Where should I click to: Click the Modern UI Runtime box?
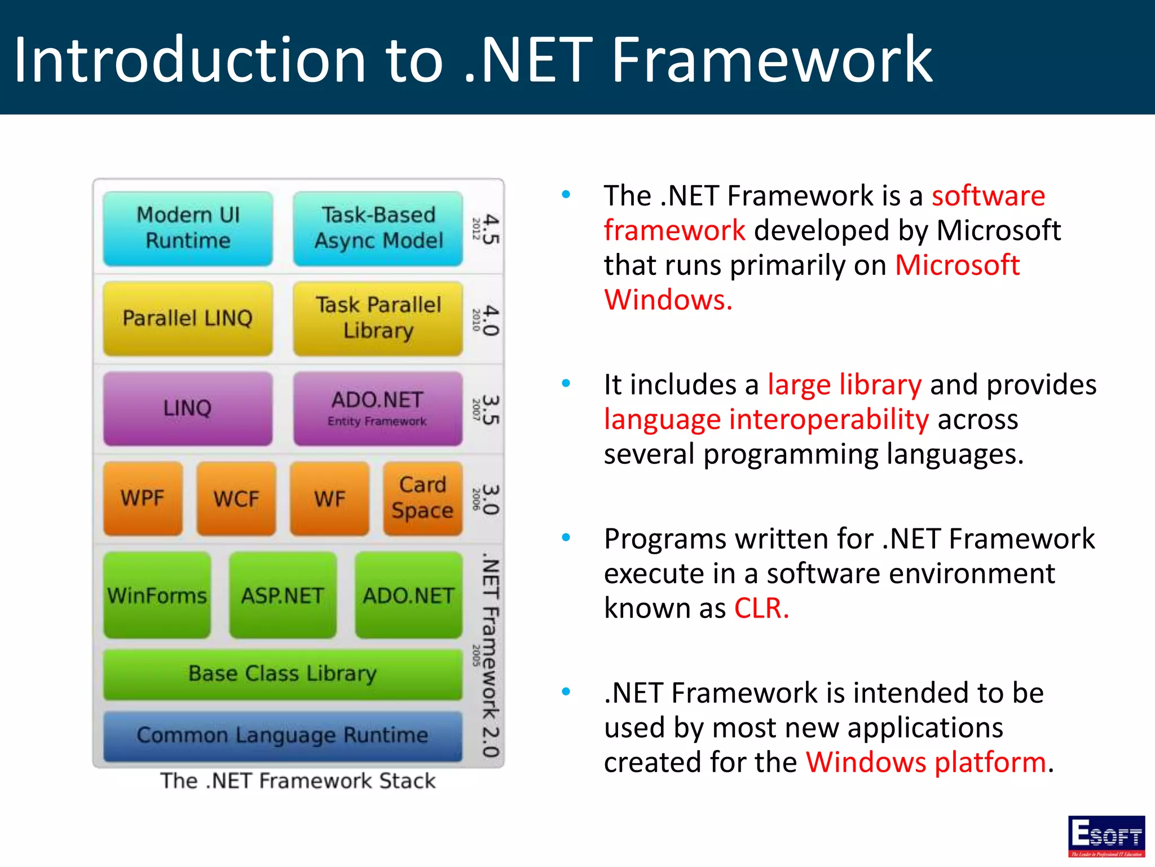click(x=188, y=229)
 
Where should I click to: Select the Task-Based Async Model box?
click(x=378, y=229)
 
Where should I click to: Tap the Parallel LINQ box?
click(x=188, y=318)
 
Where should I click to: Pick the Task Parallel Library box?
click(x=378, y=318)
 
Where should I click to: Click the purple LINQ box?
click(x=188, y=408)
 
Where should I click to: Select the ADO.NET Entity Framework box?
click(x=378, y=408)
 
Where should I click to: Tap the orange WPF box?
click(x=143, y=498)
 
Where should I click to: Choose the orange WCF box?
click(x=236, y=498)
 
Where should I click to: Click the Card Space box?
click(x=422, y=498)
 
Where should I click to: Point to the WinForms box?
click(x=157, y=595)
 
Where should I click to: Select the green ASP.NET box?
click(x=283, y=595)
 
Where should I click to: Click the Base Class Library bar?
click(x=283, y=674)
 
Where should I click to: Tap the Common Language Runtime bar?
click(x=283, y=735)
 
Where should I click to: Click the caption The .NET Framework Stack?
click(x=298, y=781)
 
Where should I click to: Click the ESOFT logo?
click(x=1106, y=836)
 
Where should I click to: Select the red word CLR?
click(x=760, y=608)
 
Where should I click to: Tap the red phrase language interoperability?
click(x=766, y=420)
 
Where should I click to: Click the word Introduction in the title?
click(x=189, y=60)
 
